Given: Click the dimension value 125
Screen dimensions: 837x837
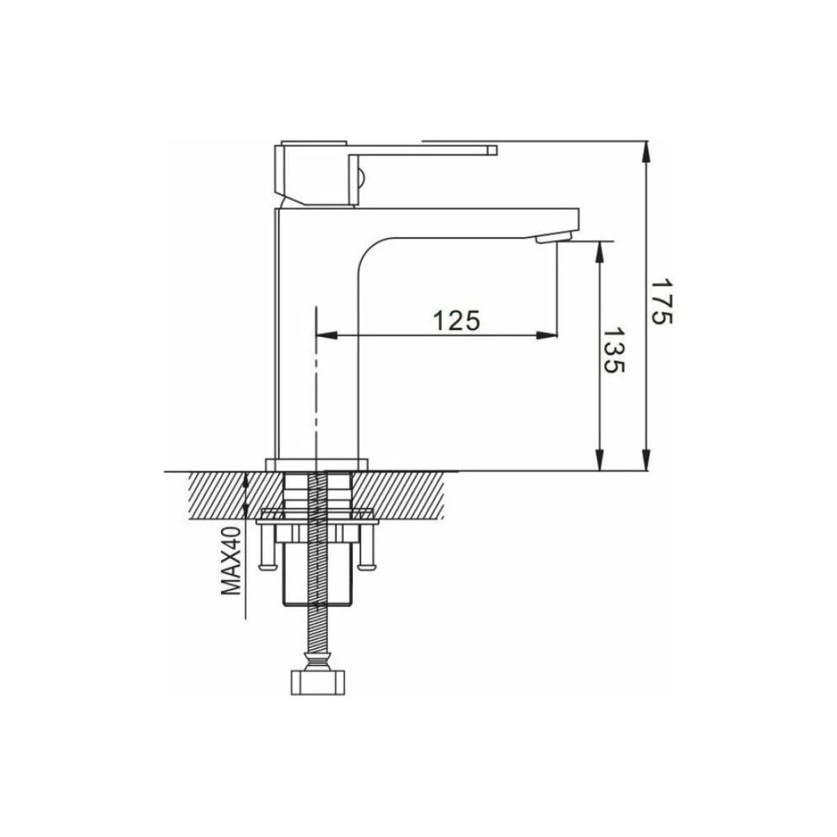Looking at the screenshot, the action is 457,321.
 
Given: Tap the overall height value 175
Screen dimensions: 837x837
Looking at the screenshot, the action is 662,301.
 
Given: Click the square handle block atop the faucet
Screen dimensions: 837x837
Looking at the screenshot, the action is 311,174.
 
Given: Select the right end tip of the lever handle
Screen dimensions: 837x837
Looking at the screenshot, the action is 497,150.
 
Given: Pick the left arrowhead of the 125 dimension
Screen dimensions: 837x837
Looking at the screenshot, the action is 326,335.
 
